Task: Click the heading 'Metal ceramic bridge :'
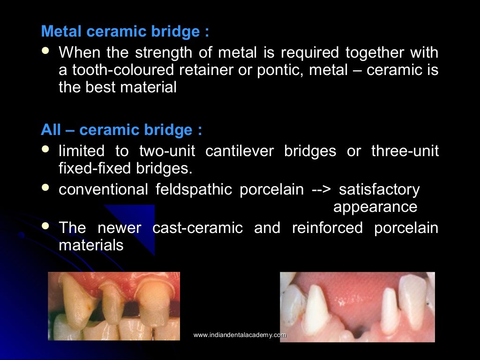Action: click(x=125, y=32)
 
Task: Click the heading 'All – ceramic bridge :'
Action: click(x=122, y=130)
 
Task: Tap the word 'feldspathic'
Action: click(x=194, y=189)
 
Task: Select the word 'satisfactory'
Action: click(x=379, y=189)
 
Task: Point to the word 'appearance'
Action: click(x=375, y=207)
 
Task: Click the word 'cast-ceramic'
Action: click(x=198, y=228)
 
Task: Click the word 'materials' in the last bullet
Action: click(x=91, y=245)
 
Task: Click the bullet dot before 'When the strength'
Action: click(x=45, y=51)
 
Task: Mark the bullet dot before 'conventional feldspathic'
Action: click(x=45, y=187)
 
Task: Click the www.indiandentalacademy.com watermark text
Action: click(x=240, y=335)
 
